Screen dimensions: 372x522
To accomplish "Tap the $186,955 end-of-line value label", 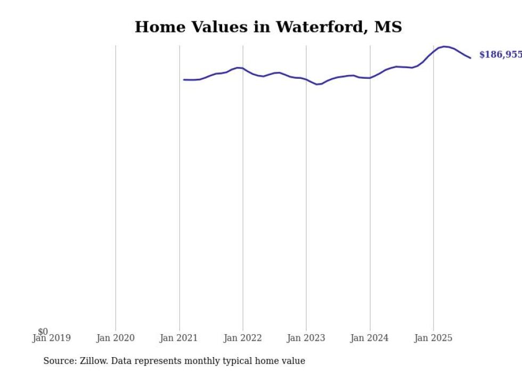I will pos(500,55).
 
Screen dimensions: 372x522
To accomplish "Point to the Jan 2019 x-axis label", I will pos(51,338).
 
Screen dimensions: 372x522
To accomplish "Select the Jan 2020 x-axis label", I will pos(115,338).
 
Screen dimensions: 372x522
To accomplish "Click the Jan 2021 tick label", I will pos(179,338).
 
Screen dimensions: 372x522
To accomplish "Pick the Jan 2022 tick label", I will pos(242,338).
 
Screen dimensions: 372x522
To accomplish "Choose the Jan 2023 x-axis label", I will pos(306,338).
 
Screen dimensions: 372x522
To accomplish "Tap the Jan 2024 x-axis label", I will pos(369,338).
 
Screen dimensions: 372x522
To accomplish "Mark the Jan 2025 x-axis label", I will pos(433,338).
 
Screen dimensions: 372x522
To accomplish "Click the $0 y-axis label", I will pos(43,332).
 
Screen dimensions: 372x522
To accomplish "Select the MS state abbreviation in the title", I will pos(388,27).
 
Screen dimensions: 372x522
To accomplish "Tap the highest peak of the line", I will pos(444,47).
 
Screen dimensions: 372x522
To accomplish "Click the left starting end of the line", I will pos(184,80).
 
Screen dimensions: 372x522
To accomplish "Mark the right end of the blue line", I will pos(470,57).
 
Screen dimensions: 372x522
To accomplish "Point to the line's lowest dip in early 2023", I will pos(317,84).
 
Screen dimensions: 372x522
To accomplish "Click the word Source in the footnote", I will pos(59,361).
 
